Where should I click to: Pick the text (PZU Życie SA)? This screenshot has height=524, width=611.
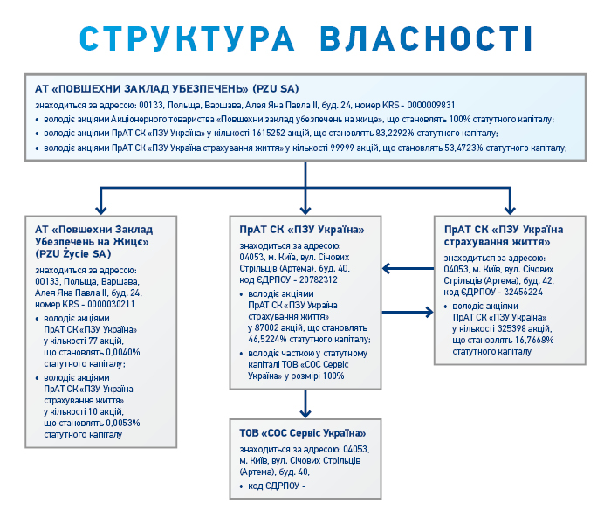coord(74,253)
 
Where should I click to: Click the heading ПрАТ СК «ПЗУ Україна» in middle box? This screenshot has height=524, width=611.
coord(301,230)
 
